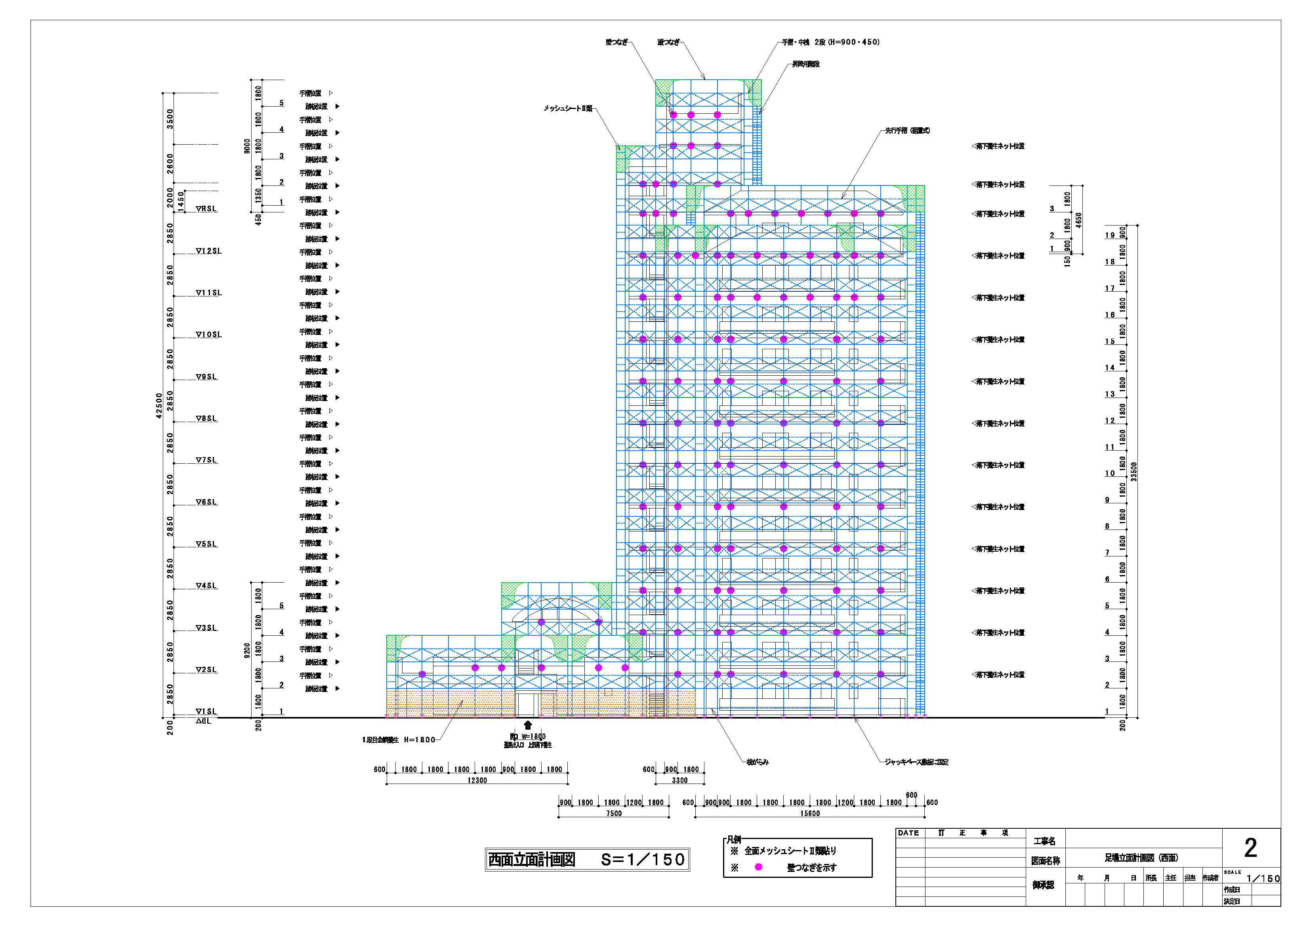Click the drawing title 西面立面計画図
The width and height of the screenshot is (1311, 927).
click(532, 860)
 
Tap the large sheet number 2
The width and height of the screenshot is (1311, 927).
click(1250, 848)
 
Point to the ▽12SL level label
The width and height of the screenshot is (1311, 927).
click(208, 251)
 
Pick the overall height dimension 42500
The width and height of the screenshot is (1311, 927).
click(159, 405)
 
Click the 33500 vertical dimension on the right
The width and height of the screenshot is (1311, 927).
click(1134, 471)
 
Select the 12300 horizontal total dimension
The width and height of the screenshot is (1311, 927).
click(477, 780)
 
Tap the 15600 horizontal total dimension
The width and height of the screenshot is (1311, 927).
click(810, 813)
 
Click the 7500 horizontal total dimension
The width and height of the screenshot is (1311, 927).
click(614, 813)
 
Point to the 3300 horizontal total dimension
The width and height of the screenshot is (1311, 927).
click(679, 780)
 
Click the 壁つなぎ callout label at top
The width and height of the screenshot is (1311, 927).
click(616, 42)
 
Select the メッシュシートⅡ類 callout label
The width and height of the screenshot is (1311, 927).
click(568, 109)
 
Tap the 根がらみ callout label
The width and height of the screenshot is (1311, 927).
click(758, 762)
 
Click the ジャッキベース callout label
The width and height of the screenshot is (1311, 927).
click(916, 762)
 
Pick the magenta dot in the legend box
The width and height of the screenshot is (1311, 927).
click(758, 867)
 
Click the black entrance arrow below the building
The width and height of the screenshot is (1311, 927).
click(528, 725)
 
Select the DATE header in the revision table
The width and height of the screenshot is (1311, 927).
click(908, 833)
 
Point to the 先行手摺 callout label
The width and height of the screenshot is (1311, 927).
click(907, 131)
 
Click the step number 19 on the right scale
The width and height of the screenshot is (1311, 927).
click(1109, 235)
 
